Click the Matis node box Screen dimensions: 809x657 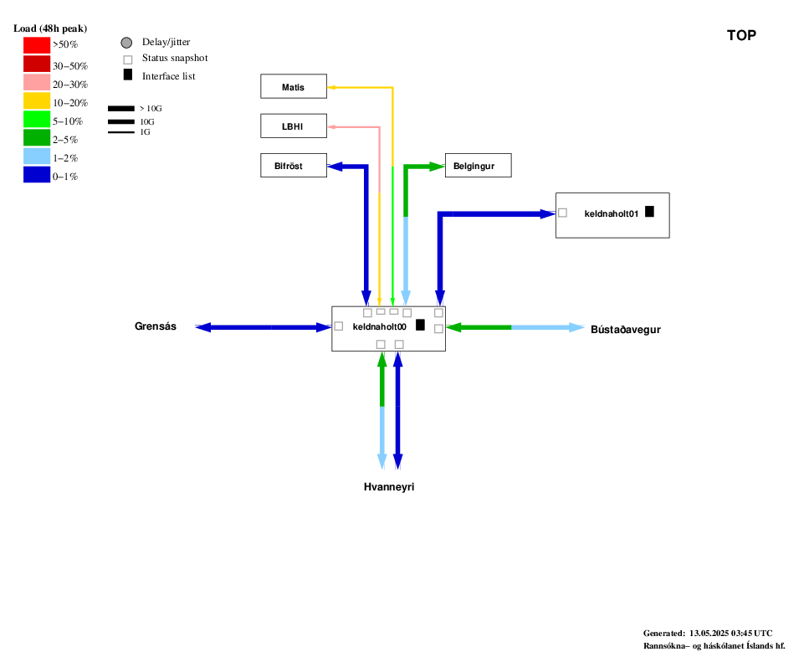pyautogui.click(x=294, y=86)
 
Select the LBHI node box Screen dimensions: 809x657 pyautogui.click(x=294, y=126)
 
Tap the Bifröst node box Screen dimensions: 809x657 pyautogui.click(x=294, y=165)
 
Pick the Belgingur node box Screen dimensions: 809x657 pyautogui.click(x=479, y=165)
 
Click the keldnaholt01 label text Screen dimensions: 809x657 pyautogui.click(x=612, y=213)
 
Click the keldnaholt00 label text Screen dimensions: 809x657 pyautogui.click(x=380, y=326)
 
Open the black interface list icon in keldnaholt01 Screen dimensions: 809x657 pyautogui.click(x=649, y=212)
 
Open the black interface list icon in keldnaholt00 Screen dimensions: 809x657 pyautogui.click(x=421, y=325)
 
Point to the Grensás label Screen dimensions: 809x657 pyautogui.click(x=156, y=326)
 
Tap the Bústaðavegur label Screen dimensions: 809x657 pyautogui.click(x=626, y=329)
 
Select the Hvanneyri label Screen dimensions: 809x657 pyautogui.click(x=389, y=487)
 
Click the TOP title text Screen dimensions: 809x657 pyautogui.click(x=741, y=35)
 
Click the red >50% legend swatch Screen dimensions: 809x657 pyautogui.click(x=37, y=45)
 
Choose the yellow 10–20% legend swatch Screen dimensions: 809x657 pyautogui.click(x=37, y=100)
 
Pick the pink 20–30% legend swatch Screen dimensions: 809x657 pyautogui.click(x=37, y=82)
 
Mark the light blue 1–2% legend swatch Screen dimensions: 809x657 pyautogui.click(x=37, y=156)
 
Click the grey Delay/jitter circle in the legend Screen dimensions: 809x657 pyautogui.click(x=126, y=43)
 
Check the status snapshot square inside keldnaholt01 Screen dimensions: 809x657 pyautogui.click(x=563, y=213)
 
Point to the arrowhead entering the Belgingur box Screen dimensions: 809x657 pyautogui.click(x=437, y=167)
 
